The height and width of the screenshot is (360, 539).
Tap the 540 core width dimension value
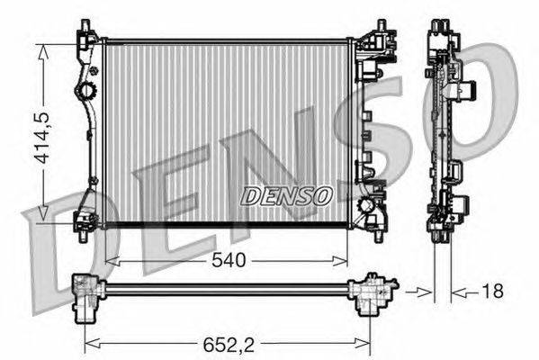point(229,260)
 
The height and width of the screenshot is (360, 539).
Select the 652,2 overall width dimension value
point(229,345)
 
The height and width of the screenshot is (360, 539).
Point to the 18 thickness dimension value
point(493,291)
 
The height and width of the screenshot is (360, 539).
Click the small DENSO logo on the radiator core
point(286,196)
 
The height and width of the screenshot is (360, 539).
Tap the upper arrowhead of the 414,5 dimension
point(42,52)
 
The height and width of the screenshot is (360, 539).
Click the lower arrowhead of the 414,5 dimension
point(42,212)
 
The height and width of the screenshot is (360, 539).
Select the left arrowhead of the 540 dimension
point(112,261)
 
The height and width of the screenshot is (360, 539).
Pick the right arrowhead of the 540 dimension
point(340,261)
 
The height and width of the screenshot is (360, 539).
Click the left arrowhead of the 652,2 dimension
point(92,346)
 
